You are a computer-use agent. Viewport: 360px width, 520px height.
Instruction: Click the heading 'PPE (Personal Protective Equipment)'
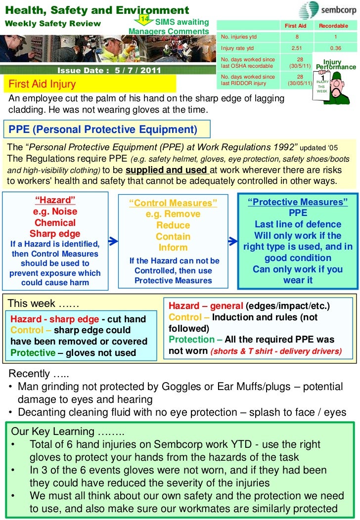pos(103,130)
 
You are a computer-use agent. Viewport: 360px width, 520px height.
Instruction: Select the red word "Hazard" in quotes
pos(55,200)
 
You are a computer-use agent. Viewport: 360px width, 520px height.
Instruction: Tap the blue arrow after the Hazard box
pos(113,241)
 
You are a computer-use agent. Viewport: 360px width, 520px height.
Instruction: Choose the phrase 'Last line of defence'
pos(298,224)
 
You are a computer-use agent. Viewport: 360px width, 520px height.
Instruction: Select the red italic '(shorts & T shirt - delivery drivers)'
pos(276,352)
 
